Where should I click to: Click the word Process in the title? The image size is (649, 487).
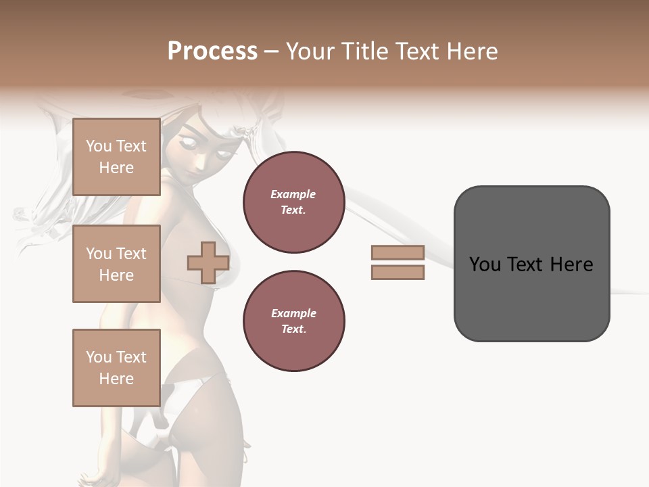coord(212,51)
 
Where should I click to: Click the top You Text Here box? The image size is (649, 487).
coord(116,157)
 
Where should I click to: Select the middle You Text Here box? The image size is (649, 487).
coord(116,264)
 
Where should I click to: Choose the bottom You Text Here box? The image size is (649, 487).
coord(116,368)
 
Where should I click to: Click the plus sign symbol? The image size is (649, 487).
coord(208,262)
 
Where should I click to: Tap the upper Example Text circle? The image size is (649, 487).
coord(294,202)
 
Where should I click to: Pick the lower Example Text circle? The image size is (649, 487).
coord(294,321)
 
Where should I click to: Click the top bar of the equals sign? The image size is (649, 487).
coord(398,252)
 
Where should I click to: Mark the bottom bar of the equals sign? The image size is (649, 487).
coord(398,273)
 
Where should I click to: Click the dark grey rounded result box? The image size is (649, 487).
coord(531,263)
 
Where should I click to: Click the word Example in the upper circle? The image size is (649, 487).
coord(293,194)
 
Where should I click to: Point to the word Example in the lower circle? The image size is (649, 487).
coord(293,313)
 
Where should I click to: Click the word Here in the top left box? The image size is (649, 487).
coord(116,168)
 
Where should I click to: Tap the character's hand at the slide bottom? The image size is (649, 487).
coord(95,478)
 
